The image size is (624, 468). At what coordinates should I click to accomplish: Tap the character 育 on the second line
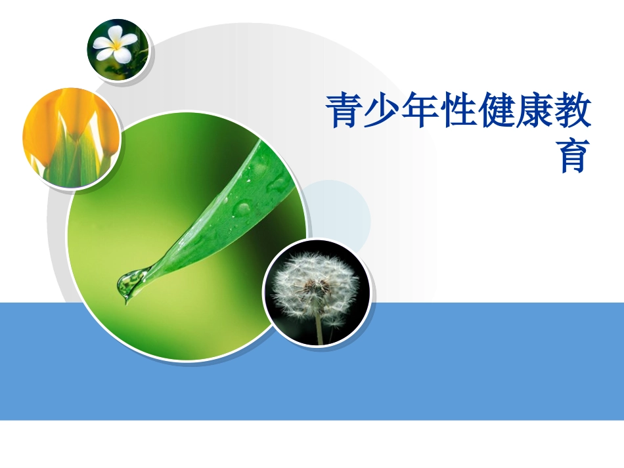[573, 156]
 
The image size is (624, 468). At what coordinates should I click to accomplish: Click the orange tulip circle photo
[71, 138]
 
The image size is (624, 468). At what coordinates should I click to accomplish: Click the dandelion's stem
[319, 328]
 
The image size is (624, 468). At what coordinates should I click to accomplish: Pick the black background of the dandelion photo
[282, 322]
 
